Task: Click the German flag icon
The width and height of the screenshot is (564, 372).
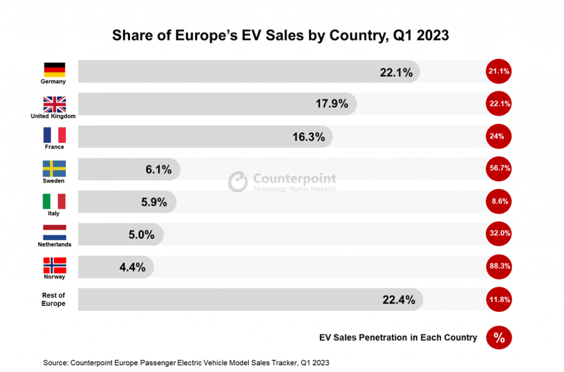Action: [54, 69]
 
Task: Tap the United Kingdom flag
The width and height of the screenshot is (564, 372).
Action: [54, 103]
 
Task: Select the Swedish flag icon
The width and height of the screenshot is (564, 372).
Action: [54, 168]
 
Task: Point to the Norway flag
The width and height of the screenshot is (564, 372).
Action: [54, 265]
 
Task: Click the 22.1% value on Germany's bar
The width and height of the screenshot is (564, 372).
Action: [396, 72]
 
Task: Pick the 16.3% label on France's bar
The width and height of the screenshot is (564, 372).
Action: [308, 137]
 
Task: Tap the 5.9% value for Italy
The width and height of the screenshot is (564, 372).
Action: [154, 202]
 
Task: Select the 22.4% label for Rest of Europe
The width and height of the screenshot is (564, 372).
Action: [398, 299]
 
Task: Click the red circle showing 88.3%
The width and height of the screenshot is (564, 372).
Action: [499, 266]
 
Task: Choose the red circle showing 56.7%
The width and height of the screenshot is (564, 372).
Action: [499, 169]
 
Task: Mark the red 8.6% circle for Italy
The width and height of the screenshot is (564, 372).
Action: [499, 202]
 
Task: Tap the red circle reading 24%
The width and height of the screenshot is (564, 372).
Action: [499, 136]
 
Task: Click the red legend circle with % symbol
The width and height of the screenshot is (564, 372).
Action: [499, 338]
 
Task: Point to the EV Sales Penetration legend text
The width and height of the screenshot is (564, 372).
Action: [398, 337]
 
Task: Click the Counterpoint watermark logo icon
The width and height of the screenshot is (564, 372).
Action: [238, 182]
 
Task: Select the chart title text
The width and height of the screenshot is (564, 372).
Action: [280, 36]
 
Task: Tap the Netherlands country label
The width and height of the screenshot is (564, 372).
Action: [54, 244]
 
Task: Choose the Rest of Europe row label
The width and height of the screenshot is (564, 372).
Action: [53, 299]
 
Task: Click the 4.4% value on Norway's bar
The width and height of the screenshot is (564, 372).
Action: [132, 267]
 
